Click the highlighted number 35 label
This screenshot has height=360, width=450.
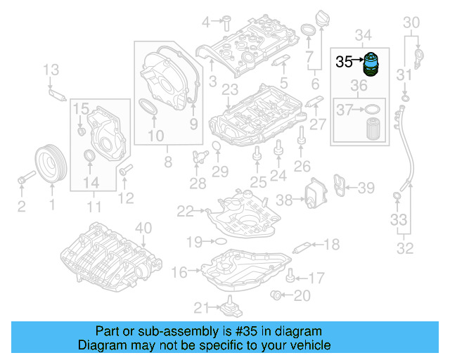click(x=344, y=61)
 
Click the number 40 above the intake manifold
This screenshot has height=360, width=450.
click(x=143, y=227)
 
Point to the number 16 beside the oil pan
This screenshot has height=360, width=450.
click(x=179, y=272)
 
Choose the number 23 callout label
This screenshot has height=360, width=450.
click(x=229, y=89)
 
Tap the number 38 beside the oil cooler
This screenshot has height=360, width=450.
click(x=283, y=200)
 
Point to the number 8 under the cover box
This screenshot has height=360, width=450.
click(x=167, y=162)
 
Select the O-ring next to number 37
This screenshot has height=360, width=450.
click(x=374, y=110)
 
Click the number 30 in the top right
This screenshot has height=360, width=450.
click(x=412, y=21)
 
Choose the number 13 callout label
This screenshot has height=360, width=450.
click(x=51, y=69)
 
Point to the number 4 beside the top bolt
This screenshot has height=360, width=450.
click(x=206, y=22)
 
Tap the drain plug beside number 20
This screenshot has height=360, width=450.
click(x=277, y=294)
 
